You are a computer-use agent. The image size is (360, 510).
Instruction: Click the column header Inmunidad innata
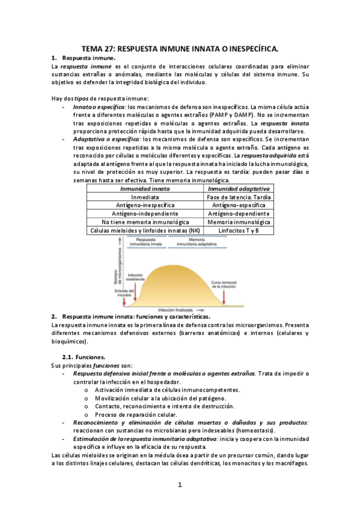(x=145, y=188)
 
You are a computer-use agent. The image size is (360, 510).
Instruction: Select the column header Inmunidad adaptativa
(x=238, y=188)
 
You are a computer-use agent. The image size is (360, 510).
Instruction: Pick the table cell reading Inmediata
(x=145, y=197)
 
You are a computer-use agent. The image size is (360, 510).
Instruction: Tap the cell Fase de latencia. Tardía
(x=238, y=197)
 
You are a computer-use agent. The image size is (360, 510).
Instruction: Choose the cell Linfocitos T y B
(x=238, y=230)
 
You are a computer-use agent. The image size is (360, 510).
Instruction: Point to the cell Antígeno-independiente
(x=145, y=214)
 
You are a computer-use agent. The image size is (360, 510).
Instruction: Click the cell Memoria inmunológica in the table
(x=238, y=222)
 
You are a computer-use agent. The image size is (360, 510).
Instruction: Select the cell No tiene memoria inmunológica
(x=145, y=222)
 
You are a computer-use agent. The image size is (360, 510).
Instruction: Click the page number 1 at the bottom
(x=180, y=485)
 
